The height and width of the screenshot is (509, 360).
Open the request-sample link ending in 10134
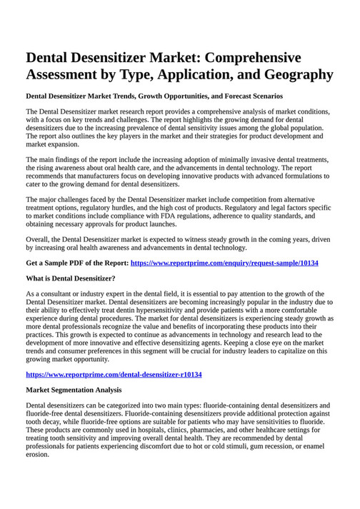point(224,263)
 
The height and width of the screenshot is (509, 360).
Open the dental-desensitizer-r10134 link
point(114,374)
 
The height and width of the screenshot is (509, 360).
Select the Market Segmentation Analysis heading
point(74,390)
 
